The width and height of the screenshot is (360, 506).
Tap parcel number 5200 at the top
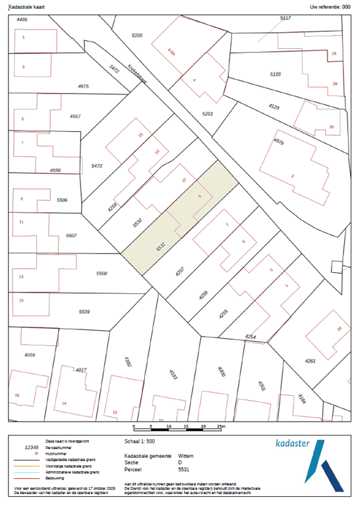(x=137, y=34)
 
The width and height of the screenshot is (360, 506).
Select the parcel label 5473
(x=96, y=166)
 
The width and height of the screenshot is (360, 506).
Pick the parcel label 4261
(x=311, y=361)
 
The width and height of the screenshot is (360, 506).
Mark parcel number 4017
(x=81, y=370)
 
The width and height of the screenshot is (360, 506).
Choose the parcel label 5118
(x=275, y=74)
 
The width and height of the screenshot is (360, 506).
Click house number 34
(x=339, y=328)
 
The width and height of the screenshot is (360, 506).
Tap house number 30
(x=331, y=126)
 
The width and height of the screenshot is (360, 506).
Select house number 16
(x=18, y=395)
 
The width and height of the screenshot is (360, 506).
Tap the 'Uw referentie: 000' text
(x=330, y=6)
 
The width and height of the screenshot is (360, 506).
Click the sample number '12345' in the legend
(x=32, y=447)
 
